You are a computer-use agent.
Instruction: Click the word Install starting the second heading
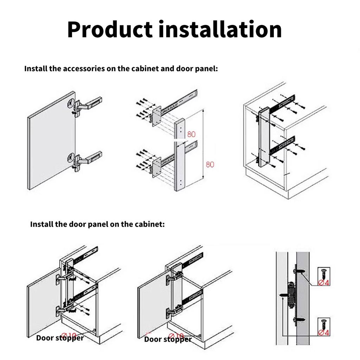tap(41, 224)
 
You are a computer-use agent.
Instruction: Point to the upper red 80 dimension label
tap(191, 134)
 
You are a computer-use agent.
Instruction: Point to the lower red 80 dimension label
tap(210, 164)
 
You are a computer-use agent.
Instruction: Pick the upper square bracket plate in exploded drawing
tap(156, 116)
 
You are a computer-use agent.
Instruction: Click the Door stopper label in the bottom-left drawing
tap(60, 338)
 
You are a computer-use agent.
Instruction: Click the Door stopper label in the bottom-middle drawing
tap(168, 339)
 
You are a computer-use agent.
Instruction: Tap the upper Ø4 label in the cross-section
tap(324, 282)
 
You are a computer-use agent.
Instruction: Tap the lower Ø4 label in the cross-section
tap(324, 332)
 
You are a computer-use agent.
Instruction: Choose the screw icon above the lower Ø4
tap(324, 323)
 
